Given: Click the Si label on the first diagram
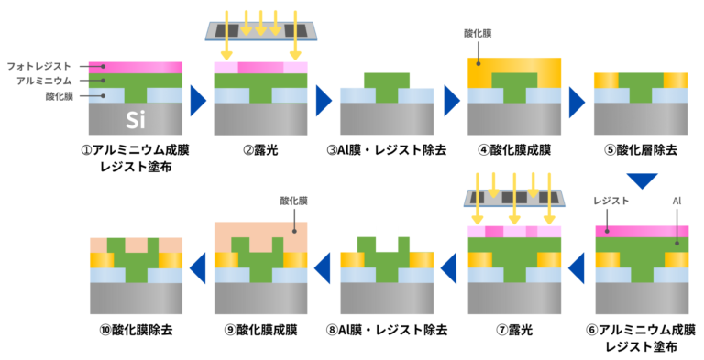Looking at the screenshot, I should click(x=135, y=119).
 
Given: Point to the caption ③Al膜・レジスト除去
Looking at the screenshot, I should click(x=388, y=149).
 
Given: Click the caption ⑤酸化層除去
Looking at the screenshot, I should click(x=641, y=149).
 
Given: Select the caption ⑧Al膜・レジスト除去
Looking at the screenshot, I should click(x=388, y=329).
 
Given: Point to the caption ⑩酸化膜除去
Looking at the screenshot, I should click(x=135, y=329).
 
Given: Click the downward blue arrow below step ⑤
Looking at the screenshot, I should click(x=641, y=180).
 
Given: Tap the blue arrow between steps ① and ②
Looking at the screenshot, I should click(x=197, y=100).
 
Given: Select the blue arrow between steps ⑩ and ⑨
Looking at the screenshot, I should click(x=197, y=267).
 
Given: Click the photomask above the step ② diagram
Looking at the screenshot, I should click(x=260, y=28).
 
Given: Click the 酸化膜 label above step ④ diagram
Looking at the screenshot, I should click(x=478, y=34).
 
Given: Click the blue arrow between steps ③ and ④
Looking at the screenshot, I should click(x=450, y=100).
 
